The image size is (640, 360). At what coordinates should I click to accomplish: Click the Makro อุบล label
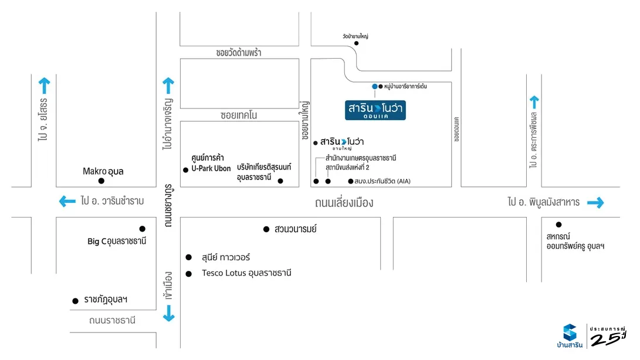tap(103, 171)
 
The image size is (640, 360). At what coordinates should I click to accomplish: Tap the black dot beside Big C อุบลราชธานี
tap(142, 229)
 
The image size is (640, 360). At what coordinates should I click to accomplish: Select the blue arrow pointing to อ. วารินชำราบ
tap(67, 202)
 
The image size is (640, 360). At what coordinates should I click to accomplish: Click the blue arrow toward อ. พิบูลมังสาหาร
tap(595, 202)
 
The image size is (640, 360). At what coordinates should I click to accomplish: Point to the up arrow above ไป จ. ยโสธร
tap(44, 86)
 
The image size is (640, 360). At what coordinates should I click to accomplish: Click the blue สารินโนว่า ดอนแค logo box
tap(375, 110)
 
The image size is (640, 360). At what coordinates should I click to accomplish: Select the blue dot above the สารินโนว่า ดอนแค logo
tap(375, 87)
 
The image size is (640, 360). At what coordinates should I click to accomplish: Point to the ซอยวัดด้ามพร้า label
tap(238, 53)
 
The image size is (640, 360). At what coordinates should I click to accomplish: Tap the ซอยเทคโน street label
tap(239, 116)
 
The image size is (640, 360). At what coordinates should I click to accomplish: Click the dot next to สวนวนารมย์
tap(266, 229)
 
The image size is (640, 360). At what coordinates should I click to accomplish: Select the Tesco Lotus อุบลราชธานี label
tap(246, 273)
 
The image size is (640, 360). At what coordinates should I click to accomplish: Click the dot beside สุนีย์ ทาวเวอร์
tap(188, 257)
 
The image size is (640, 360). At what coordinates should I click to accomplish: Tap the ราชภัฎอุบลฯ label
tap(106, 300)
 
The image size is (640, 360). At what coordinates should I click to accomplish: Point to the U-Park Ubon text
tap(211, 168)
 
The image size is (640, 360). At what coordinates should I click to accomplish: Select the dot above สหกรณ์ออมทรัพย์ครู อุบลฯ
tap(558, 224)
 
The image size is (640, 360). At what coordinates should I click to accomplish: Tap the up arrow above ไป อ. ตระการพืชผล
tap(534, 101)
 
